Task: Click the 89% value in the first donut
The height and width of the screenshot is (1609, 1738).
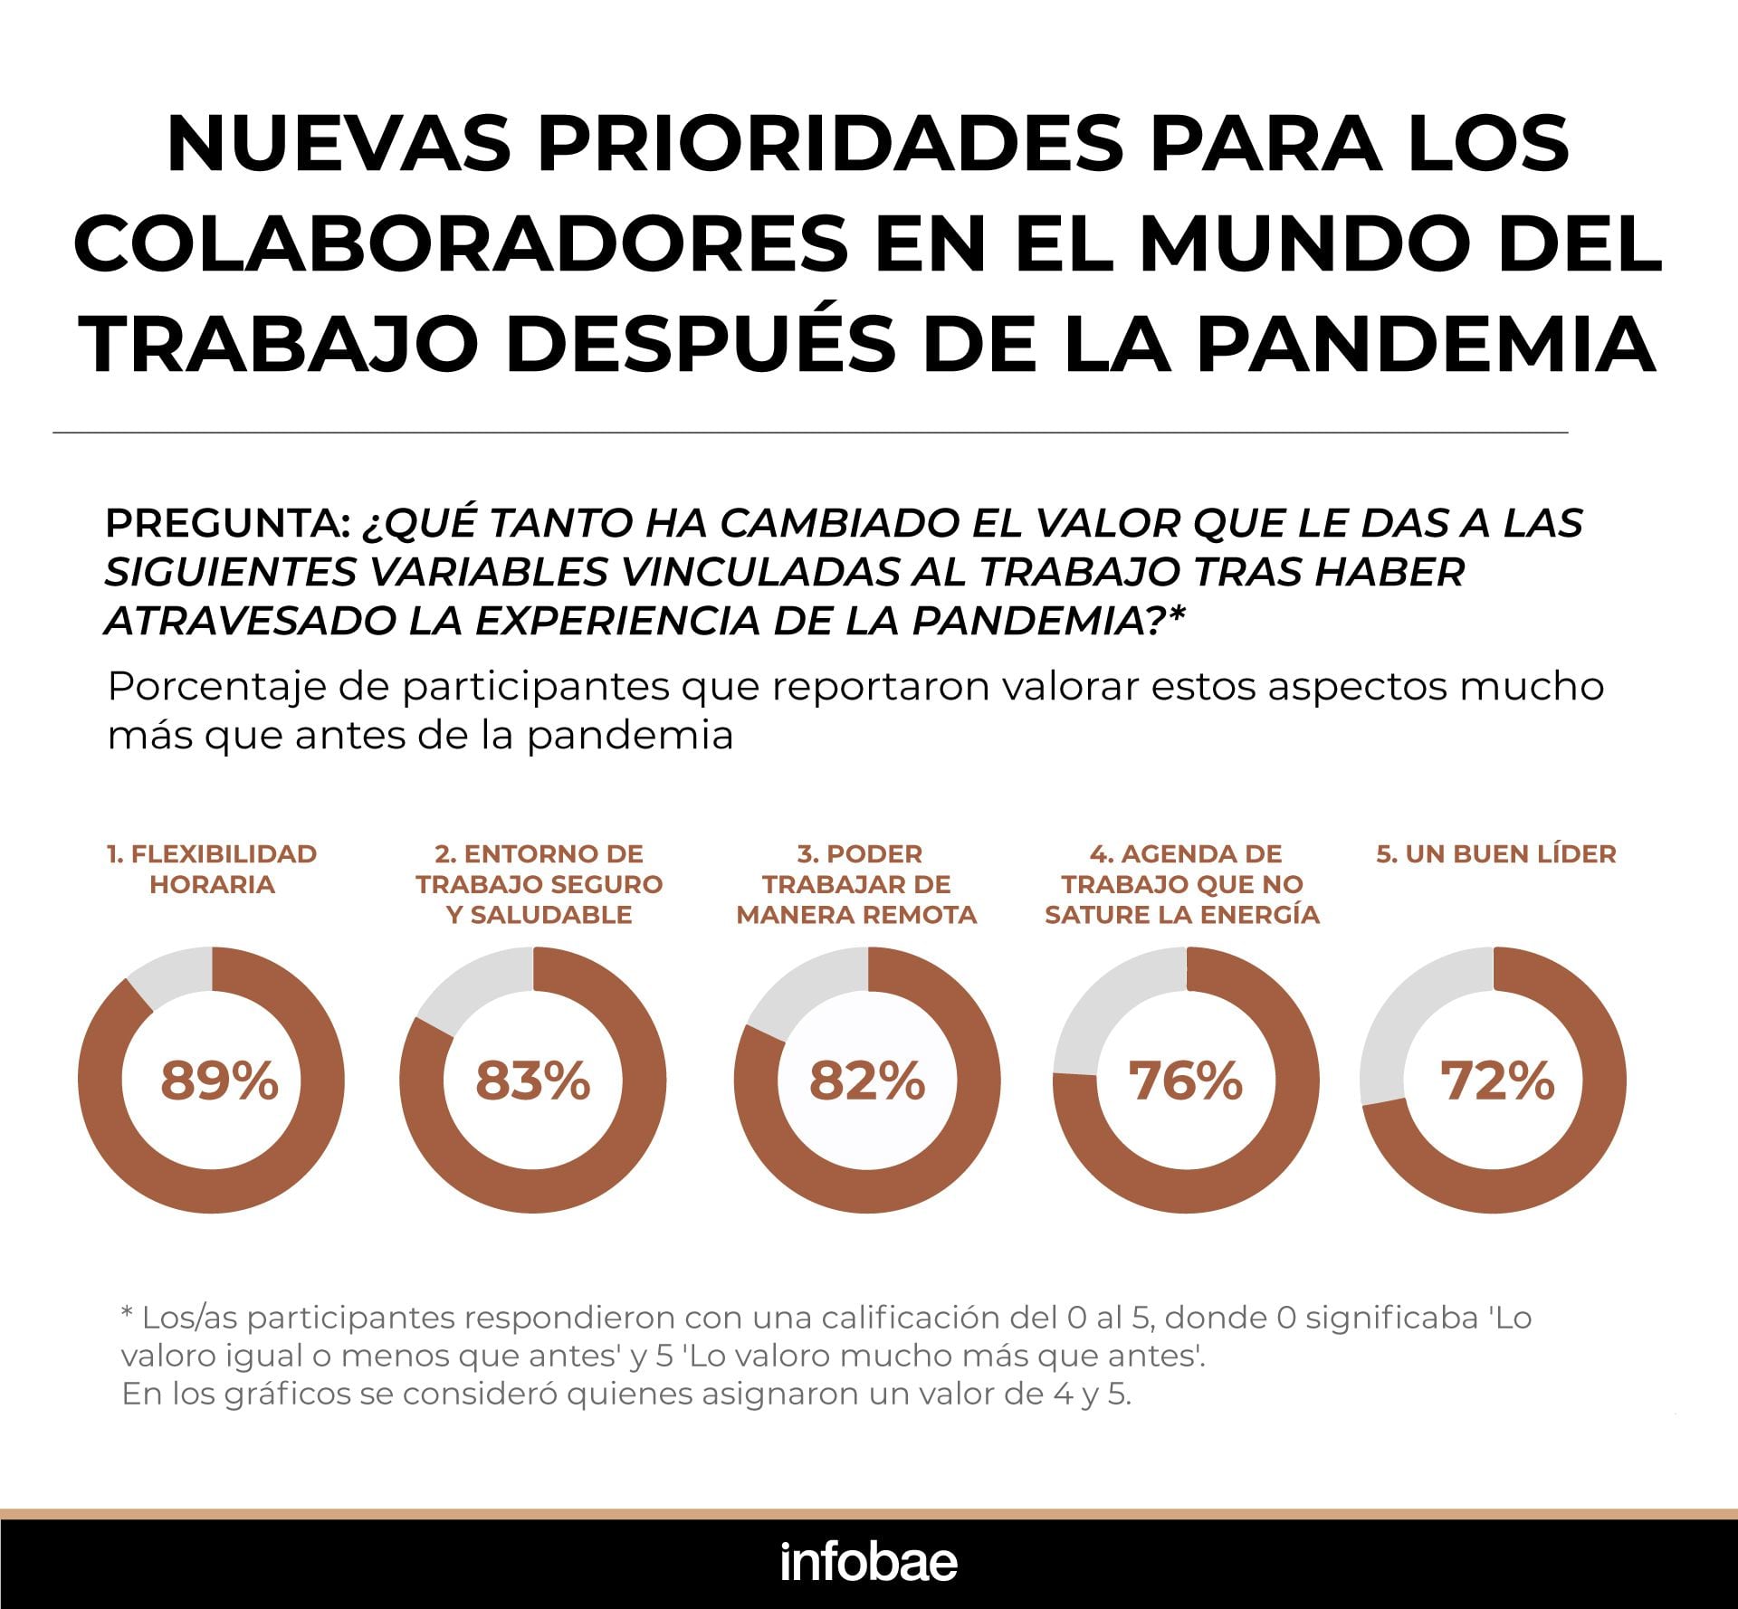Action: click(x=219, y=1080)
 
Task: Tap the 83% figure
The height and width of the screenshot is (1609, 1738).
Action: click(x=532, y=1080)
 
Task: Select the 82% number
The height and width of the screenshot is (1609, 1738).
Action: click(x=867, y=1080)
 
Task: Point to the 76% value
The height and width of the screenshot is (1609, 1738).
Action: click(x=1185, y=1080)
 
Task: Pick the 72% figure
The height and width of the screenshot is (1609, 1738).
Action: click(x=1497, y=1080)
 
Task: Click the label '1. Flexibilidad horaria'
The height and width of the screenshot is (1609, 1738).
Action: click(x=212, y=869)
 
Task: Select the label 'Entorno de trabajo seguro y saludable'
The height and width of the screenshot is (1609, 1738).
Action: click(x=540, y=884)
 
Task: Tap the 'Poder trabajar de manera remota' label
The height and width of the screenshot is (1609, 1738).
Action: click(x=857, y=884)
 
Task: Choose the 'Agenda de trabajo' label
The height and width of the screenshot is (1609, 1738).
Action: click(x=1182, y=884)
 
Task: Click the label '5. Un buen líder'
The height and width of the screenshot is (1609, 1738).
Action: click(x=1496, y=854)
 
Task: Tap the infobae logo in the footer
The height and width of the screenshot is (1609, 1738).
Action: click(x=869, y=1563)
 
